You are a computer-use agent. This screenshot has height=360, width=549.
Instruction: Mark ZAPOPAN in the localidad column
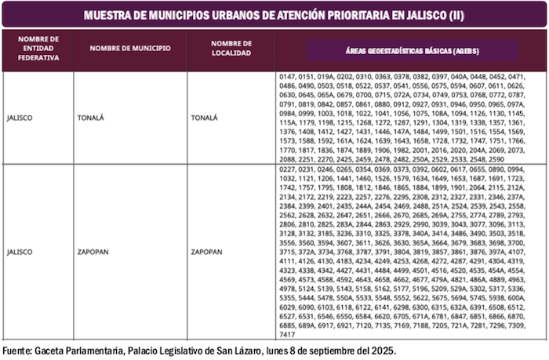209,253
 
